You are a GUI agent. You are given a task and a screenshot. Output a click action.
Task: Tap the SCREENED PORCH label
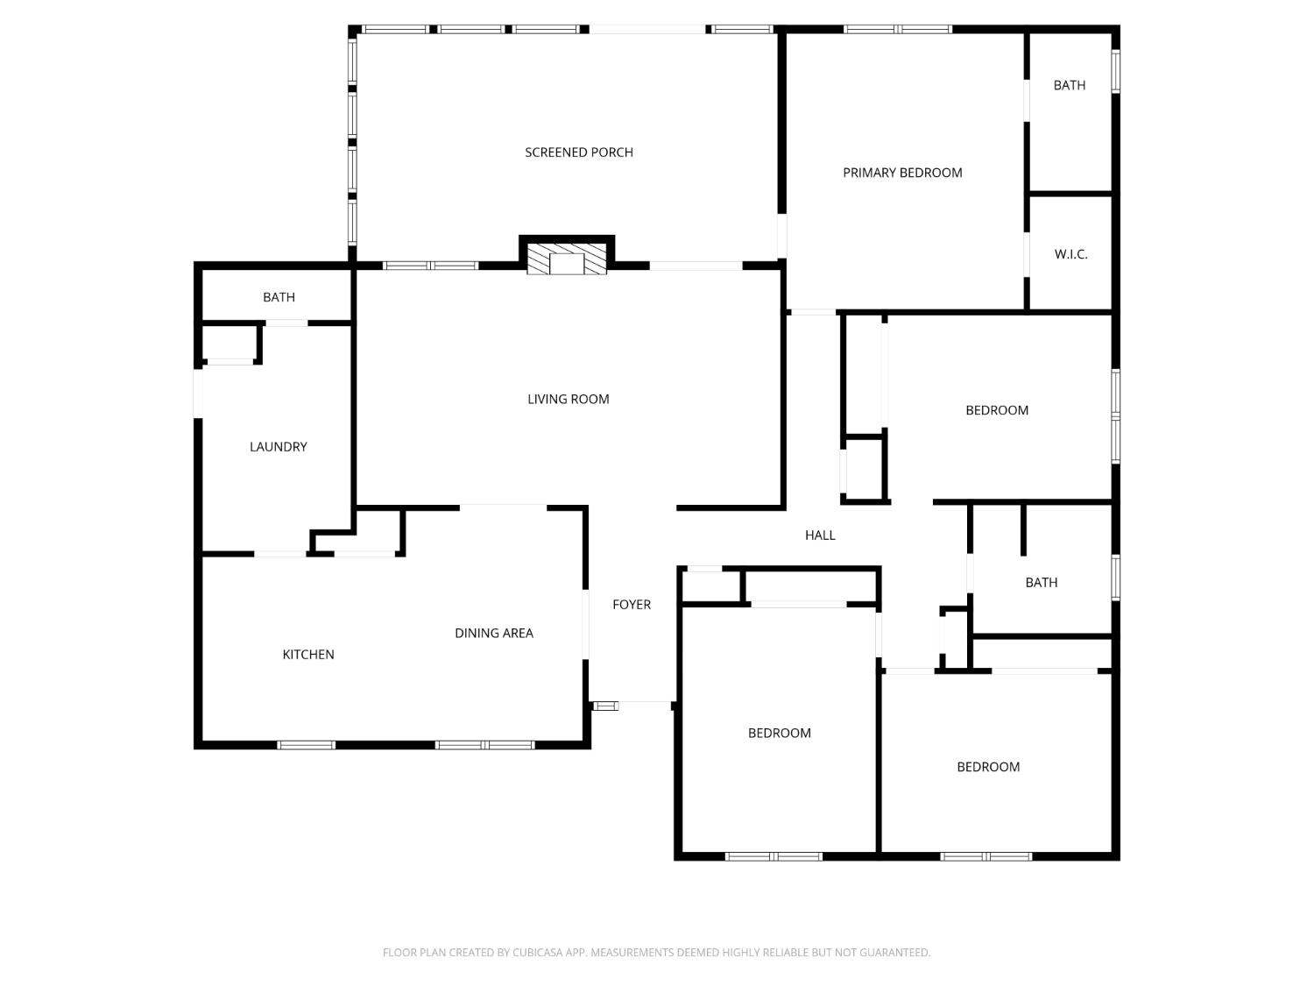click(x=579, y=153)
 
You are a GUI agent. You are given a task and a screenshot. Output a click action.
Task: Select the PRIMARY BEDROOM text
click(x=902, y=173)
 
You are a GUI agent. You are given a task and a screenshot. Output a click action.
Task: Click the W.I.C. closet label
click(x=1070, y=254)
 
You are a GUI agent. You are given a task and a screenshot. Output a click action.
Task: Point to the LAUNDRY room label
click(x=279, y=447)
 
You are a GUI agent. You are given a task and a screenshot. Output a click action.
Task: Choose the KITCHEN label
click(x=308, y=655)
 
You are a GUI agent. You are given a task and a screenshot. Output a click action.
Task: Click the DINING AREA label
click(x=494, y=633)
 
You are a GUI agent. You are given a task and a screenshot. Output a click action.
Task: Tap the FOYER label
click(x=632, y=605)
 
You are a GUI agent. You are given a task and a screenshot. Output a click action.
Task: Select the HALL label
click(x=820, y=536)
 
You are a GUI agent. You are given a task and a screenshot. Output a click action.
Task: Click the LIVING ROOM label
click(x=569, y=400)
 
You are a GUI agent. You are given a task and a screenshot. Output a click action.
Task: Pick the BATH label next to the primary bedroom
click(x=1070, y=85)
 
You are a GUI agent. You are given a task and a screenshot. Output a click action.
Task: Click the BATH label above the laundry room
click(x=279, y=298)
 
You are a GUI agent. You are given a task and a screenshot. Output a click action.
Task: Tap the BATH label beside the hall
click(x=1042, y=583)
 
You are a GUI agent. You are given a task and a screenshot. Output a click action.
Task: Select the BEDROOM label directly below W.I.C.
click(x=997, y=410)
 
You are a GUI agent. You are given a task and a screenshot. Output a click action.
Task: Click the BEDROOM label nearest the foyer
click(x=780, y=734)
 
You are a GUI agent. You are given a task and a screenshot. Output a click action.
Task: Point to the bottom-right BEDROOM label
click(x=988, y=767)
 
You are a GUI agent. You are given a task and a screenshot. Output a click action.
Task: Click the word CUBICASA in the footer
click(x=537, y=953)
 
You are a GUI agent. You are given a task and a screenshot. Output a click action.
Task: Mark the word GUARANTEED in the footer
click(x=900, y=953)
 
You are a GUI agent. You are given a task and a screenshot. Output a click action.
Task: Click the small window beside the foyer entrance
click(x=605, y=706)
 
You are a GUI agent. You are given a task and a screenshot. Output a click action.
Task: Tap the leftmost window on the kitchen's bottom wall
click(x=307, y=745)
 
